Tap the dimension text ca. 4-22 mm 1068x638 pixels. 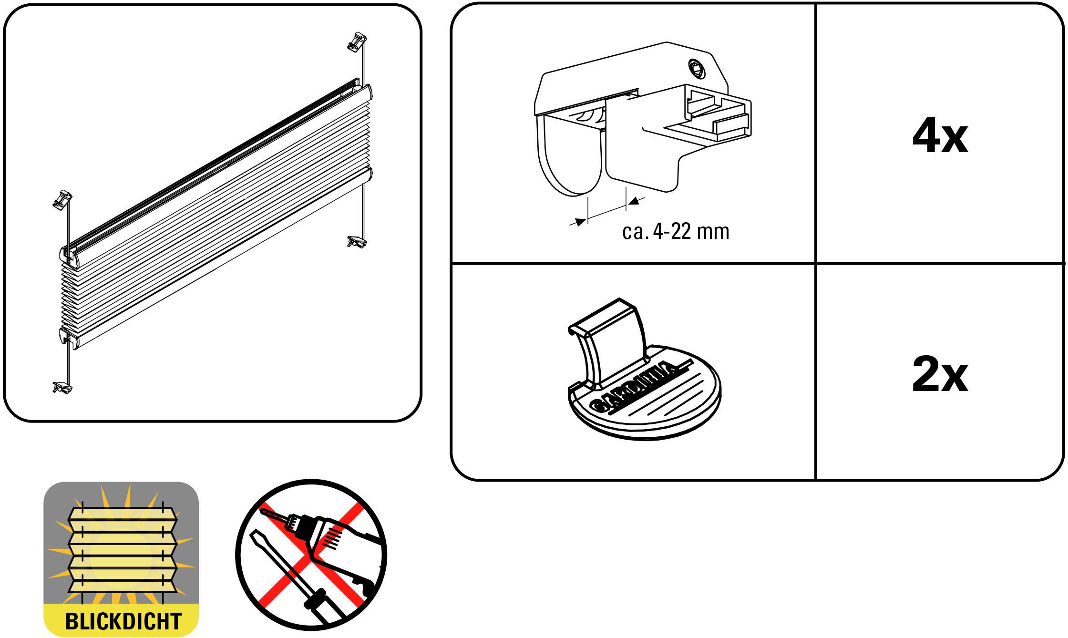676,232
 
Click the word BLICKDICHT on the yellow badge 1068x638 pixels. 123,621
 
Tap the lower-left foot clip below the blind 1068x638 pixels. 62,387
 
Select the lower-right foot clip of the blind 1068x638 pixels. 357,242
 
